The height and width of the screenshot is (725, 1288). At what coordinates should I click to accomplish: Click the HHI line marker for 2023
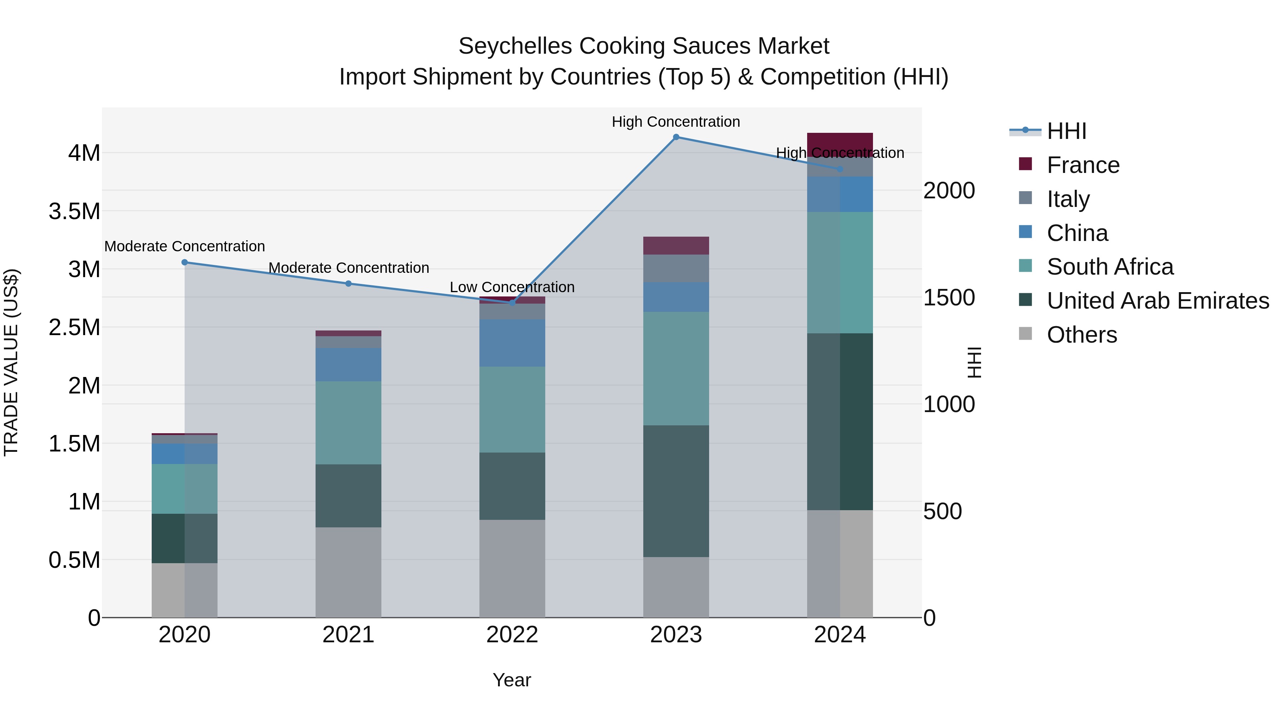point(676,137)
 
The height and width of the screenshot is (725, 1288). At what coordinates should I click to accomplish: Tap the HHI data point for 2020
point(185,262)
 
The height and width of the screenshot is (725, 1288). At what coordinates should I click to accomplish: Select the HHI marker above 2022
point(512,303)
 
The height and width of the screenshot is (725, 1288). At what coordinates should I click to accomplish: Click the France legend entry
point(1083,165)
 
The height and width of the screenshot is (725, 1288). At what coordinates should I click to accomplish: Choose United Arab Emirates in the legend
point(1157,301)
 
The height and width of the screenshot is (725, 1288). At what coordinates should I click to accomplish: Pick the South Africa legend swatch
point(1025,266)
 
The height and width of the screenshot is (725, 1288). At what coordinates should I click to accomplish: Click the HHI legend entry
point(1066,131)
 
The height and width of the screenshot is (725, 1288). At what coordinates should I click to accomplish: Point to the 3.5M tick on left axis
point(74,211)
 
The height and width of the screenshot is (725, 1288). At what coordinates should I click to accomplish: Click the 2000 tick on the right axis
point(948,190)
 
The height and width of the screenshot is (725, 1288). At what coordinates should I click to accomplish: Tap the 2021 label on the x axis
point(348,635)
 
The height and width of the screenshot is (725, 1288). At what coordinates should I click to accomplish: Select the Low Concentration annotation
point(512,287)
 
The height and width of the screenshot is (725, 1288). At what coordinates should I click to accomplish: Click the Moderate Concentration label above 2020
point(185,246)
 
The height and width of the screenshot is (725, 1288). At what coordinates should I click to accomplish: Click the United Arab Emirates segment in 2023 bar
point(676,491)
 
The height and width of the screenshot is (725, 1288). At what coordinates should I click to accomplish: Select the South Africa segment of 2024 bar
point(840,273)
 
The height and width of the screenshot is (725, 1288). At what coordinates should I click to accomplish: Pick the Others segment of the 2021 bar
point(348,572)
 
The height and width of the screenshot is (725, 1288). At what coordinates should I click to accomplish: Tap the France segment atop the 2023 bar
point(676,246)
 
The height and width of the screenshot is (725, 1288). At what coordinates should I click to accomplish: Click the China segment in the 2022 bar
point(512,343)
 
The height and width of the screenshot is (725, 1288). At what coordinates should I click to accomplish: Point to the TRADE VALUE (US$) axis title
point(11,362)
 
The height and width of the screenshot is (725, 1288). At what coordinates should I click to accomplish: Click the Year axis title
point(512,680)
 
